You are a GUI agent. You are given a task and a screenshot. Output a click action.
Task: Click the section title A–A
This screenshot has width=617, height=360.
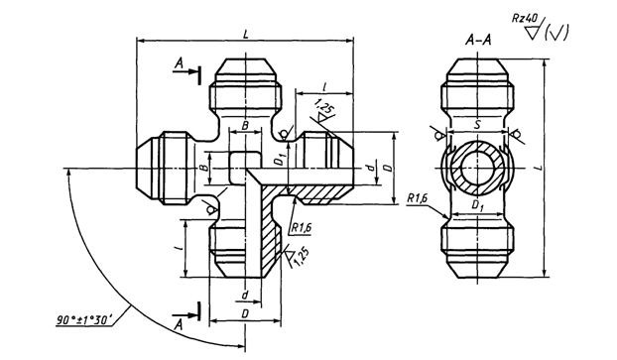tap(478, 40)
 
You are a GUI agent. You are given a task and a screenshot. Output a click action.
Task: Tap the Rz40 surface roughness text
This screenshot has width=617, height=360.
tap(526, 18)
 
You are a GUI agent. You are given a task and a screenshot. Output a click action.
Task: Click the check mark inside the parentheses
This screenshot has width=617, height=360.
tap(556, 33)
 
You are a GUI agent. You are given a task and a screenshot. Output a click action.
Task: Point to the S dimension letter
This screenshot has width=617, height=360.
tap(477, 125)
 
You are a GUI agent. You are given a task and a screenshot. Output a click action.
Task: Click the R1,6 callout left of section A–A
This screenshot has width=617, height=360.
tap(417, 198)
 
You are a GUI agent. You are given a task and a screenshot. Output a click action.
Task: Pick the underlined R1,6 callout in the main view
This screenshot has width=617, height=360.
tap(301, 228)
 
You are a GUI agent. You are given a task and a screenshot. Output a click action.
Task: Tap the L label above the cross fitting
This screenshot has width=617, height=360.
tap(246, 35)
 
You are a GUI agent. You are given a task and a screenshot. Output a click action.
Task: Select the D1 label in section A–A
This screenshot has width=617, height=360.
tap(477, 205)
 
